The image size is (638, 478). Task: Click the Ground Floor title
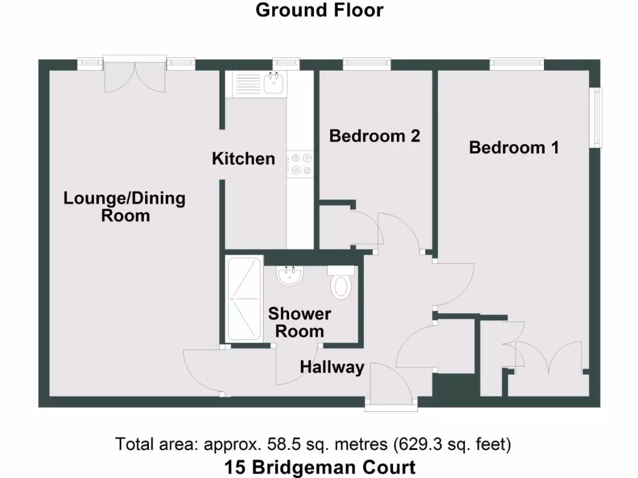pyautogui.click(x=319, y=11)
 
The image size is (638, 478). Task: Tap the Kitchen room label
pyautogui.click(x=244, y=159)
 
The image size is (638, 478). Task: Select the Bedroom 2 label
pyautogui.click(x=374, y=136)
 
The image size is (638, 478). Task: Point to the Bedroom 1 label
pyautogui.click(x=514, y=148)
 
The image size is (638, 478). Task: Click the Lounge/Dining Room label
pyautogui.click(x=125, y=207)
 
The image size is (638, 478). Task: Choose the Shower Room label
pyautogui.click(x=300, y=322)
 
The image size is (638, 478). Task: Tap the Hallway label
pyautogui.click(x=331, y=367)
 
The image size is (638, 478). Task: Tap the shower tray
pyautogui.click(x=243, y=299)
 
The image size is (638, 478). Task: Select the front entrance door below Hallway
pyautogui.click(x=390, y=387)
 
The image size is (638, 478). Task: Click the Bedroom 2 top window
pyautogui.click(x=367, y=63)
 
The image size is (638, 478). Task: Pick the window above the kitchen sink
pyautogui.click(x=286, y=63)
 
